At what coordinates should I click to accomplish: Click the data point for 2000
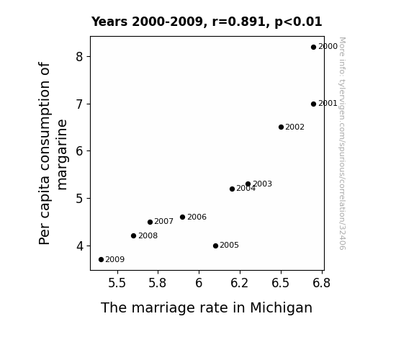click(x=313, y=48)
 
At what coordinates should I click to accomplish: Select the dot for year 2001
click(x=313, y=104)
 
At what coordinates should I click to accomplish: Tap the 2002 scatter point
click(x=281, y=127)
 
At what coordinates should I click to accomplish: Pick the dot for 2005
click(x=215, y=246)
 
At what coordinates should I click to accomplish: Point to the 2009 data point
click(x=101, y=260)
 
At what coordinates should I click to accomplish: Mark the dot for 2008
click(x=133, y=236)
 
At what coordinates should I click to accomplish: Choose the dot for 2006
click(x=182, y=217)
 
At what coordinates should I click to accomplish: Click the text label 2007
click(x=163, y=221)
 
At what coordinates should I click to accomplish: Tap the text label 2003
click(x=263, y=184)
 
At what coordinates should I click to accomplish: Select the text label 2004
click(x=246, y=189)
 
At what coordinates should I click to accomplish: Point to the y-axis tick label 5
click(x=79, y=198)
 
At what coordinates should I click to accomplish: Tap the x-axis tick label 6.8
click(x=321, y=283)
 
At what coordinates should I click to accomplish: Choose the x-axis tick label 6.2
click(x=240, y=283)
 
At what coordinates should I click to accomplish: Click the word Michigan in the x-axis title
click(x=282, y=308)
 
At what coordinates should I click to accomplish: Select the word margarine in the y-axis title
click(x=63, y=155)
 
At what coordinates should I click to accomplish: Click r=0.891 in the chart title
click(x=239, y=22)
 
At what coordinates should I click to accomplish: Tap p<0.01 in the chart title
click(x=298, y=22)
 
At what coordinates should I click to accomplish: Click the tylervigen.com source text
click(x=342, y=143)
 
